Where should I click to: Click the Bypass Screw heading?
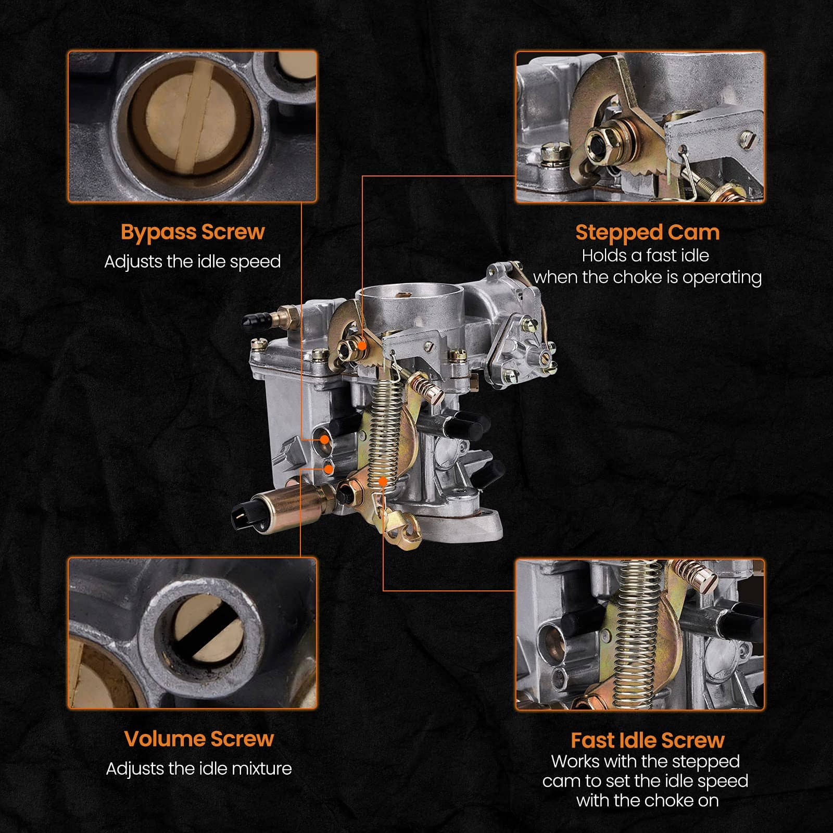193,232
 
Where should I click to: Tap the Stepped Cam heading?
648,232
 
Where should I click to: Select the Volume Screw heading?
199,739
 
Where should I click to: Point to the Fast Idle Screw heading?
648,740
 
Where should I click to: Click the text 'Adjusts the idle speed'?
193,261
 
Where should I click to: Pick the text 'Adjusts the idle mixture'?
199,768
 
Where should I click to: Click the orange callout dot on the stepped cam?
362,344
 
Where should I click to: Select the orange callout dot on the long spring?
383,481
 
